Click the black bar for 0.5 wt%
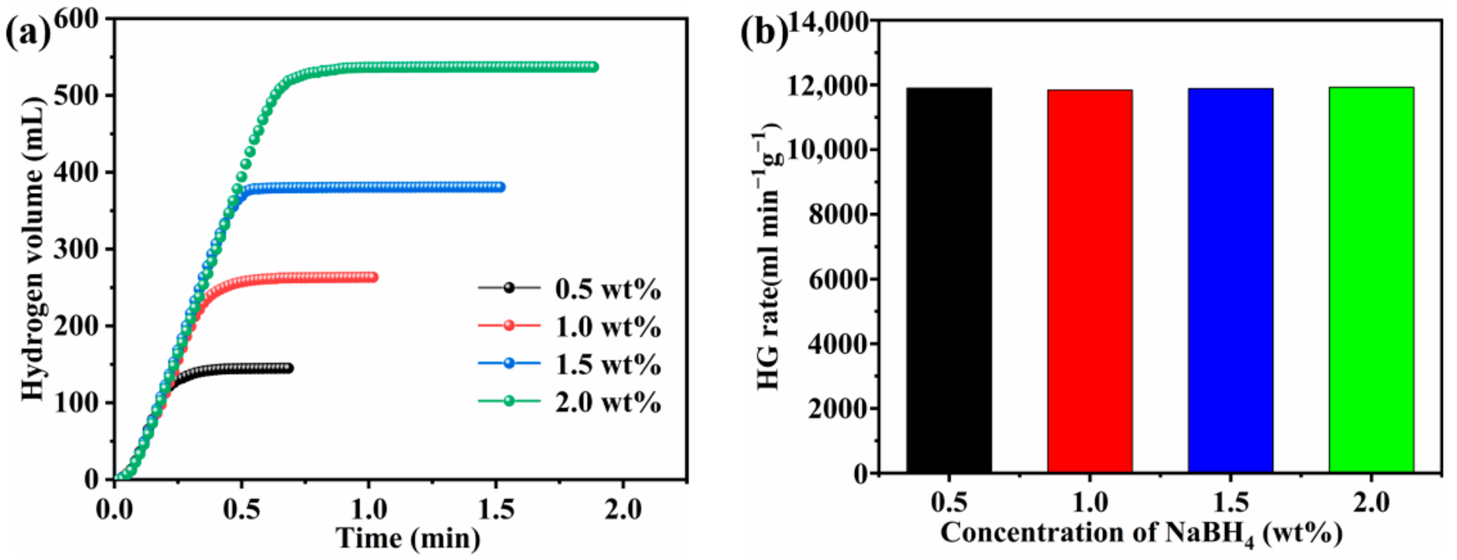tap(949, 280)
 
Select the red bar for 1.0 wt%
tap(1089, 281)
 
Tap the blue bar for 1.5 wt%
tap(1230, 280)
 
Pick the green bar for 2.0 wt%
tap(1371, 280)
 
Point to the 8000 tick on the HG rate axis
tap(838, 215)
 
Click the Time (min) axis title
tap(408, 539)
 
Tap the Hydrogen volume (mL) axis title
tap(32, 249)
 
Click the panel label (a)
tap(27, 33)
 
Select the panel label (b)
tap(763, 33)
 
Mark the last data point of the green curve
tap(594, 67)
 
